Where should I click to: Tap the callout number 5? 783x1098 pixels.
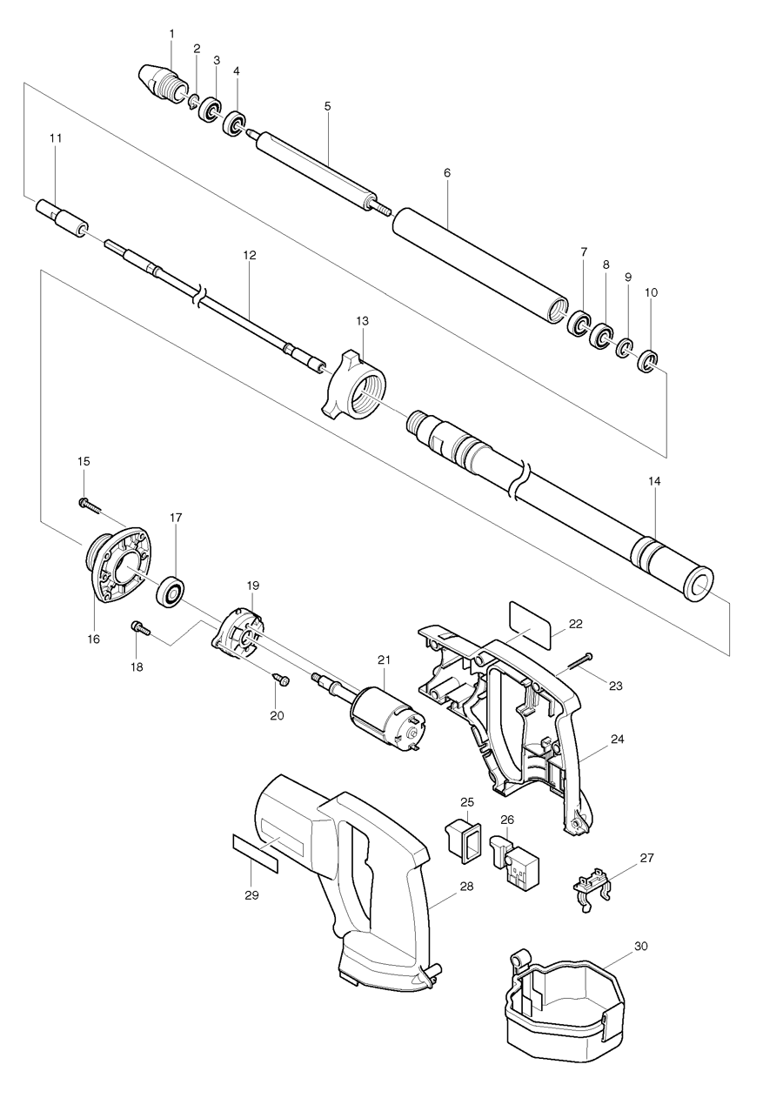(327, 106)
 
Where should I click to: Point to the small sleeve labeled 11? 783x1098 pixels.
(61, 218)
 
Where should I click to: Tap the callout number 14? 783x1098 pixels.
(654, 479)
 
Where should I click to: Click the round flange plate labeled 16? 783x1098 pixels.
(117, 566)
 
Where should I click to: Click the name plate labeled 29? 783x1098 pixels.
(255, 851)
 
